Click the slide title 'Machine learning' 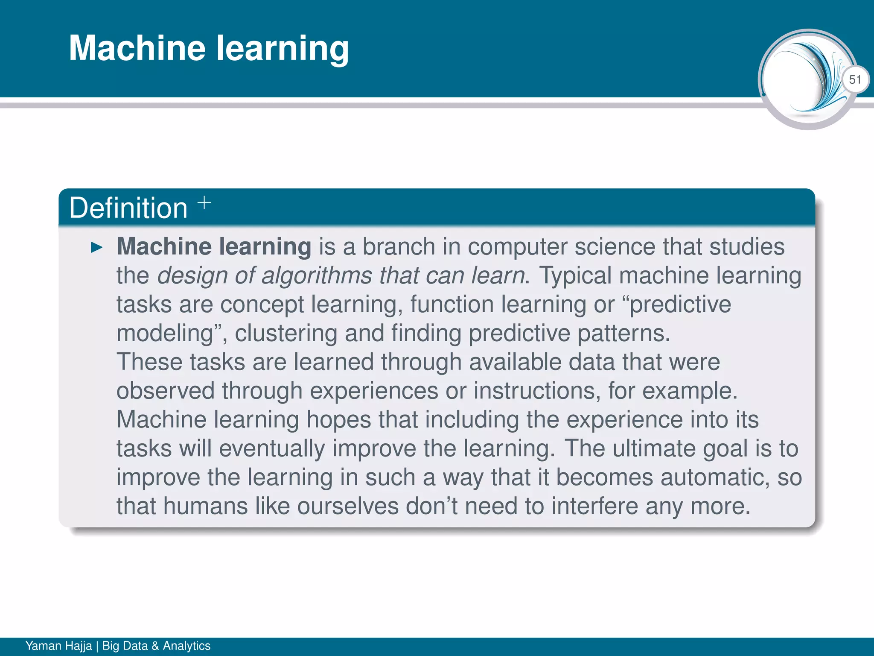209,48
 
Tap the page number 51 855,79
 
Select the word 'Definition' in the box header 128,208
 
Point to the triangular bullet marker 97,247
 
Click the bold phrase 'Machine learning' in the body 214,247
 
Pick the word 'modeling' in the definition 165,333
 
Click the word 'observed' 165,391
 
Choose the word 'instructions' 534,391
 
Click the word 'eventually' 272,448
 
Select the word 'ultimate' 654,448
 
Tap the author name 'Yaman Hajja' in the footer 58,646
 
